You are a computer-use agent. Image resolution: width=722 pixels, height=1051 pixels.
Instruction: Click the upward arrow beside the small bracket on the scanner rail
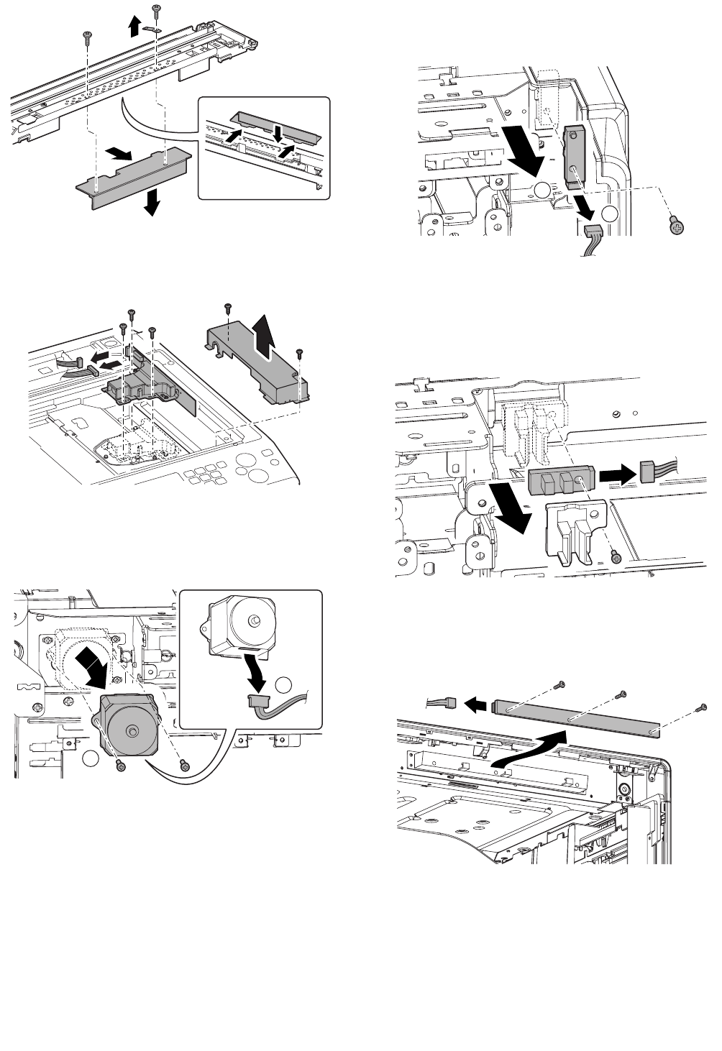point(134,27)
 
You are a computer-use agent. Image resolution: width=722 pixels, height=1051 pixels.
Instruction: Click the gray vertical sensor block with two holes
point(574,157)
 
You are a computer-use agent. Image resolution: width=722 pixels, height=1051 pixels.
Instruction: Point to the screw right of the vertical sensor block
point(675,225)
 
